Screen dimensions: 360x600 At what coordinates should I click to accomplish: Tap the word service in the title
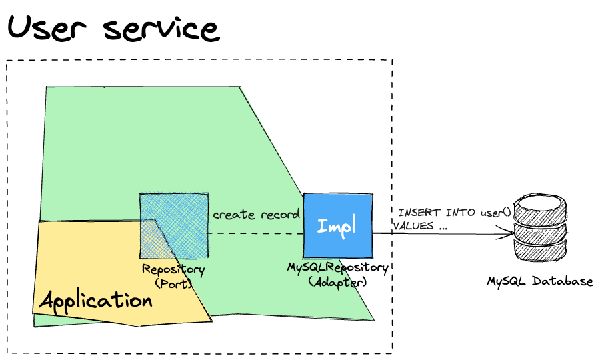pos(161,29)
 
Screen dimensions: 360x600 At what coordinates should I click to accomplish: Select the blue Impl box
pos(337,225)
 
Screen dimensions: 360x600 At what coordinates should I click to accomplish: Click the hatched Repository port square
pos(173,226)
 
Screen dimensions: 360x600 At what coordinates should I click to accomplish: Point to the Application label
pos(96,300)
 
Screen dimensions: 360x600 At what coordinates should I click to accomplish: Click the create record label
pos(256,215)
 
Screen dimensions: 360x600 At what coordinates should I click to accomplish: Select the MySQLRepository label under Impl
pos(338,267)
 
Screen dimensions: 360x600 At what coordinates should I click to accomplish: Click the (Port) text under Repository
pos(173,283)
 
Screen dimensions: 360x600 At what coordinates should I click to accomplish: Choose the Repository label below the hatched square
pos(173,269)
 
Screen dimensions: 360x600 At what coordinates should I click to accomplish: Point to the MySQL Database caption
pos(540,281)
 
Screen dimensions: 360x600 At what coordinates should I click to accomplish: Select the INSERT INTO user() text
pos(454,213)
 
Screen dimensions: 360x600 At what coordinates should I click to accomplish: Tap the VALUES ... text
pos(419,226)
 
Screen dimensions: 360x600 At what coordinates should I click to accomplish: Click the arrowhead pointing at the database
pos(508,234)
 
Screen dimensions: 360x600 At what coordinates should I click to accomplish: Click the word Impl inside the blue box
pos(337,225)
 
